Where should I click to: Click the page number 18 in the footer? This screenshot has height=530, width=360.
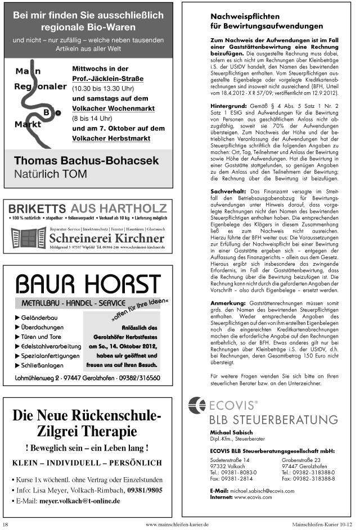point(5,524)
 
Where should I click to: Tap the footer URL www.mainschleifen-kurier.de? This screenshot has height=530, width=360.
point(177,524)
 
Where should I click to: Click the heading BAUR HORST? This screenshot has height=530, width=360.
point(87,284)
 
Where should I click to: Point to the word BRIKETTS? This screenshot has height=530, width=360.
point(37,208)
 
